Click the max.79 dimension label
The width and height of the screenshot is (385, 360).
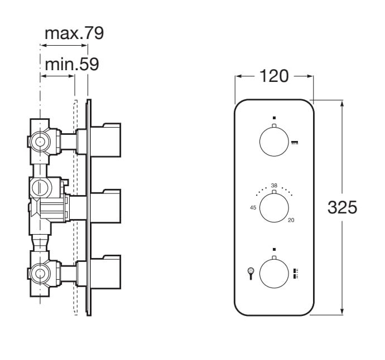tap(74, 33)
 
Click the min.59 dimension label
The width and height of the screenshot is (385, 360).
tap(71, 65)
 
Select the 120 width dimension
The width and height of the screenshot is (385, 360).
tap(274, 76)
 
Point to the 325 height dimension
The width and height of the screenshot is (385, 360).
tap(342, 207)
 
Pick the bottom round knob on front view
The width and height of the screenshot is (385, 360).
tap(274, 274)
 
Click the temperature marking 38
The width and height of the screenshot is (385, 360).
tap(274, 185)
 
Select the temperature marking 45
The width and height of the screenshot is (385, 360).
tap(253, 208)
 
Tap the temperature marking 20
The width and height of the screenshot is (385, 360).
tap(291, 221)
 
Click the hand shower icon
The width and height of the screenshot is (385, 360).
tap(251, 273)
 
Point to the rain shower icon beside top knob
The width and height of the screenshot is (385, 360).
tap(295, 143)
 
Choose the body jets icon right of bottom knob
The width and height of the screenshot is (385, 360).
tap(296, 273)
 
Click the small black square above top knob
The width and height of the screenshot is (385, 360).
tap(274, 118)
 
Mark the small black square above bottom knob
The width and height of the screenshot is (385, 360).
tap(274, 249)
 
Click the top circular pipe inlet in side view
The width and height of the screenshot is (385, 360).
tap(40, 142)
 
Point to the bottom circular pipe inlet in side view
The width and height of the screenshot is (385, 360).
tap(40, 274)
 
